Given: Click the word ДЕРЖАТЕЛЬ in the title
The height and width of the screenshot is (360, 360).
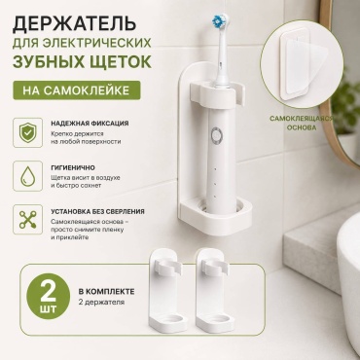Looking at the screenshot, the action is click(x=74, y=23).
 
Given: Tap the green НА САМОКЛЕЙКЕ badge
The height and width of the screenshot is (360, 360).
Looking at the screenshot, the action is click(x=77, y=90).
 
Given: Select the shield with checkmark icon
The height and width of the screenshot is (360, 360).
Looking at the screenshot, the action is click(x=27, y=132).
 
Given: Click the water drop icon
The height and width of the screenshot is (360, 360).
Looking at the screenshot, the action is click(x=27, y=176).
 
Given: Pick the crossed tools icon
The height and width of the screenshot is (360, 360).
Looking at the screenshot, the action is click(x=27, y=220).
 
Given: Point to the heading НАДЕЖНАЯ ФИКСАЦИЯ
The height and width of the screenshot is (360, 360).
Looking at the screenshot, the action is click(x=90, y=124).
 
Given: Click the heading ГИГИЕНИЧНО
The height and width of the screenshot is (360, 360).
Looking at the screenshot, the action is click(x=73, y=167).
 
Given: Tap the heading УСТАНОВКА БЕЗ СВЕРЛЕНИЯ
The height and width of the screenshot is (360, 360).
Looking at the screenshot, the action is click(x=97, y=211).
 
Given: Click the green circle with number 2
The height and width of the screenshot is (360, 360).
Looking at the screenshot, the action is click(x=49, y=296).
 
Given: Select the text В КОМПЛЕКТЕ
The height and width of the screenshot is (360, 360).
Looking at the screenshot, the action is click(x=106, y=291).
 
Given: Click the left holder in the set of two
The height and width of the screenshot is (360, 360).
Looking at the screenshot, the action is click(x=167, y=288).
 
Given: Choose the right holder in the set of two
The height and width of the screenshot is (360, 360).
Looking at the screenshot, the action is click(x=214, y=288).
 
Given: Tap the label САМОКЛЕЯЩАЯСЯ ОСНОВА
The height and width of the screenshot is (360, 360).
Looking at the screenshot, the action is click(x=301, y=123).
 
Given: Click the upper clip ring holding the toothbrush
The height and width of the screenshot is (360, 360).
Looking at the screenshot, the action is click(x=216, y=93).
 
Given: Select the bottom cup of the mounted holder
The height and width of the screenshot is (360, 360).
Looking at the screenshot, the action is click(x=216, y=216).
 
